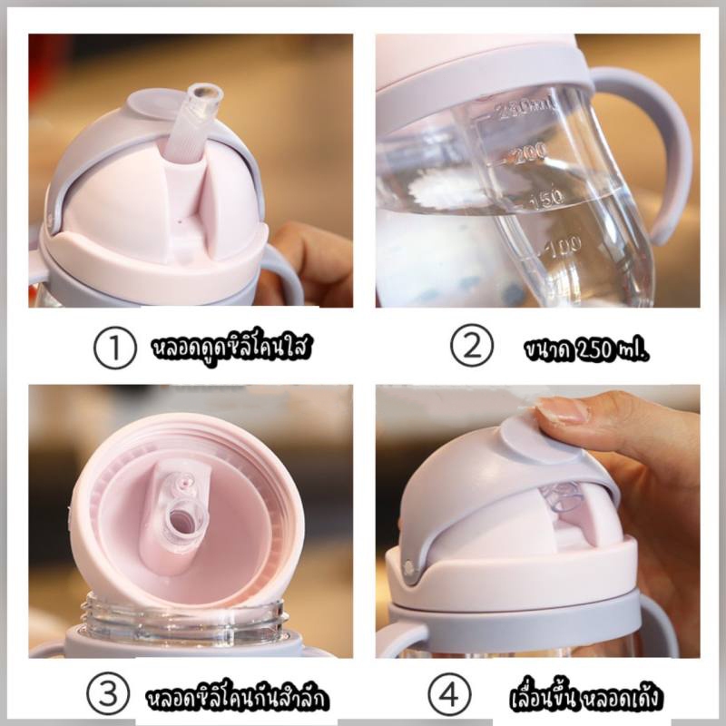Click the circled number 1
click(114, 347)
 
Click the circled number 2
click(472, 347)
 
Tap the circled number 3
click(107, 694)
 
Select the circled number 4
click(449, 694)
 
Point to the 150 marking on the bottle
click(546, 197)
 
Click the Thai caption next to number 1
click(231, 347)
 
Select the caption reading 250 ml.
click(587, 349)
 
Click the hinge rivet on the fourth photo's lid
click(408, 565)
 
